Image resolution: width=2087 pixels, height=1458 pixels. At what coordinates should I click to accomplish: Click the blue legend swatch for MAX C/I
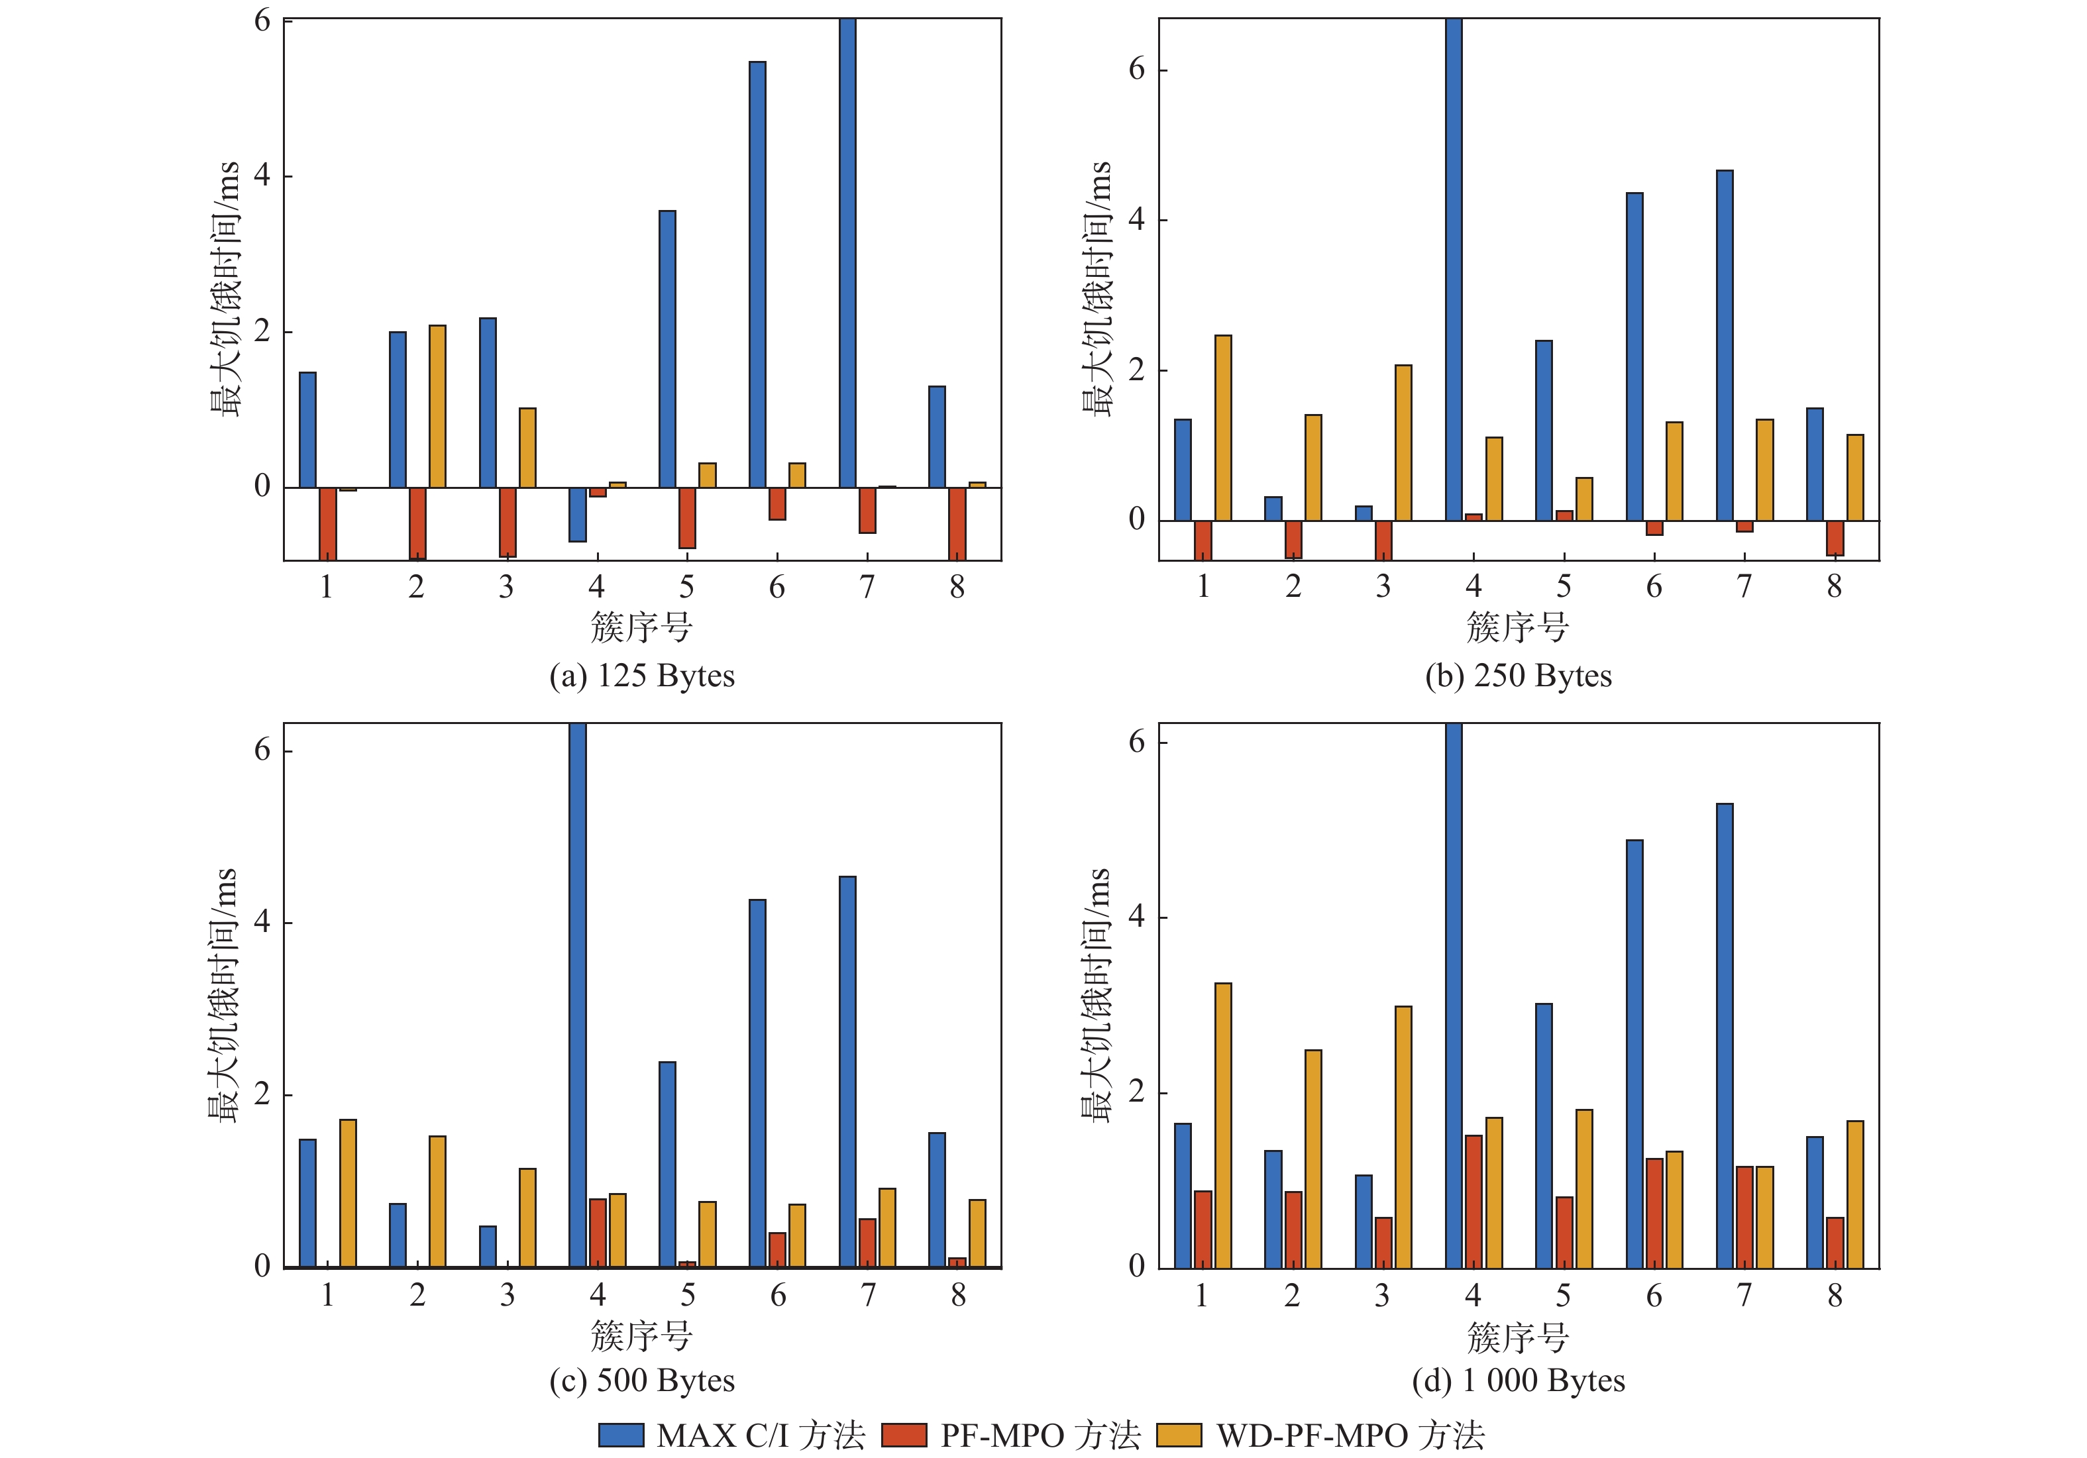tap(621, 1434)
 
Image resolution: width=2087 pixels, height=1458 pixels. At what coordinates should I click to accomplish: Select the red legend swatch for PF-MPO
tap(904, 1434)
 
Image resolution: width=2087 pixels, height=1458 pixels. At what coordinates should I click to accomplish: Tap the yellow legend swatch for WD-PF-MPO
tap(1179, 1434)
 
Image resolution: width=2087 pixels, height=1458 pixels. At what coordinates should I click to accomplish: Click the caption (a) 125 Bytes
tap(642, 676)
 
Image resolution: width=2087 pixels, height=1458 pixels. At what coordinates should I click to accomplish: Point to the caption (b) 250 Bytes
tap(1518, 676)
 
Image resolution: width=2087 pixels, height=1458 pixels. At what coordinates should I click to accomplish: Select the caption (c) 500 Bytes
tap(642, 1380)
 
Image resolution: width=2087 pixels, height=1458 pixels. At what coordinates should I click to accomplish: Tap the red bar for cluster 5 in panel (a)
tap(687, 518)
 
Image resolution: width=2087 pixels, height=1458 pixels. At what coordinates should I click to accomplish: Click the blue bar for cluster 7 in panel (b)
tap(1725, 345)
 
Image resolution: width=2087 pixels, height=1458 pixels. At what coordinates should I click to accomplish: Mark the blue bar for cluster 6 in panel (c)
tap(757, 1082)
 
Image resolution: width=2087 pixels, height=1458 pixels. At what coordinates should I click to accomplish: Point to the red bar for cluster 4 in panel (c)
tap(597, 1233)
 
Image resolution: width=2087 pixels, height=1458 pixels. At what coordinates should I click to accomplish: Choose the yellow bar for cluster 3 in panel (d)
tap(1403, 1136)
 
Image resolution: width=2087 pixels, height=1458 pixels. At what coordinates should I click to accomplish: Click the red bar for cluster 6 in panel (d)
tap(1654, 1213)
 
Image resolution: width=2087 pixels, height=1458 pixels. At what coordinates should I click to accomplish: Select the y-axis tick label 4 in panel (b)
tap(1136, 220)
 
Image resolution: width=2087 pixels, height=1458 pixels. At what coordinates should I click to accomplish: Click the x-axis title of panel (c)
tap(642, 1336)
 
